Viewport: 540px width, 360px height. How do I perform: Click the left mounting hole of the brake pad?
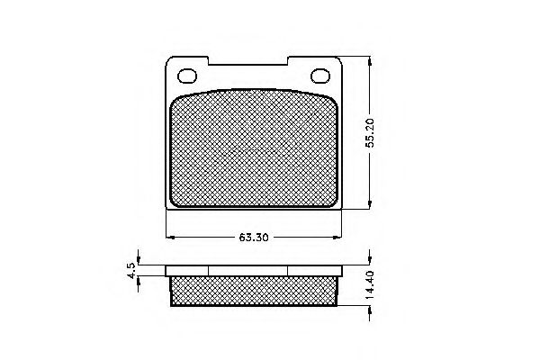coord(190,76)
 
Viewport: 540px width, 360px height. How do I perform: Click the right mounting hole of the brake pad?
coord(320,76)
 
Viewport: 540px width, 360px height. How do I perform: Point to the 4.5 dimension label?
coord(132,270)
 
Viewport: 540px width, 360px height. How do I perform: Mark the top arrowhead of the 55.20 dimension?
coord(371,60)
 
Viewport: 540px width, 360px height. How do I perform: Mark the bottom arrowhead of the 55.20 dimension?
coord(371,205)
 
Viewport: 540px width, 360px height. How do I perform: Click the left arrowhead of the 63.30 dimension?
coord(171,237)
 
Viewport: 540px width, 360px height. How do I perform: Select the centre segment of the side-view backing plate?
coord(247,270)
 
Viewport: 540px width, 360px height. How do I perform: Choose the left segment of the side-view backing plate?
coord(187,270)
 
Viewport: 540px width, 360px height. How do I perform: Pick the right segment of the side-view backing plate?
coord(315,270)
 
